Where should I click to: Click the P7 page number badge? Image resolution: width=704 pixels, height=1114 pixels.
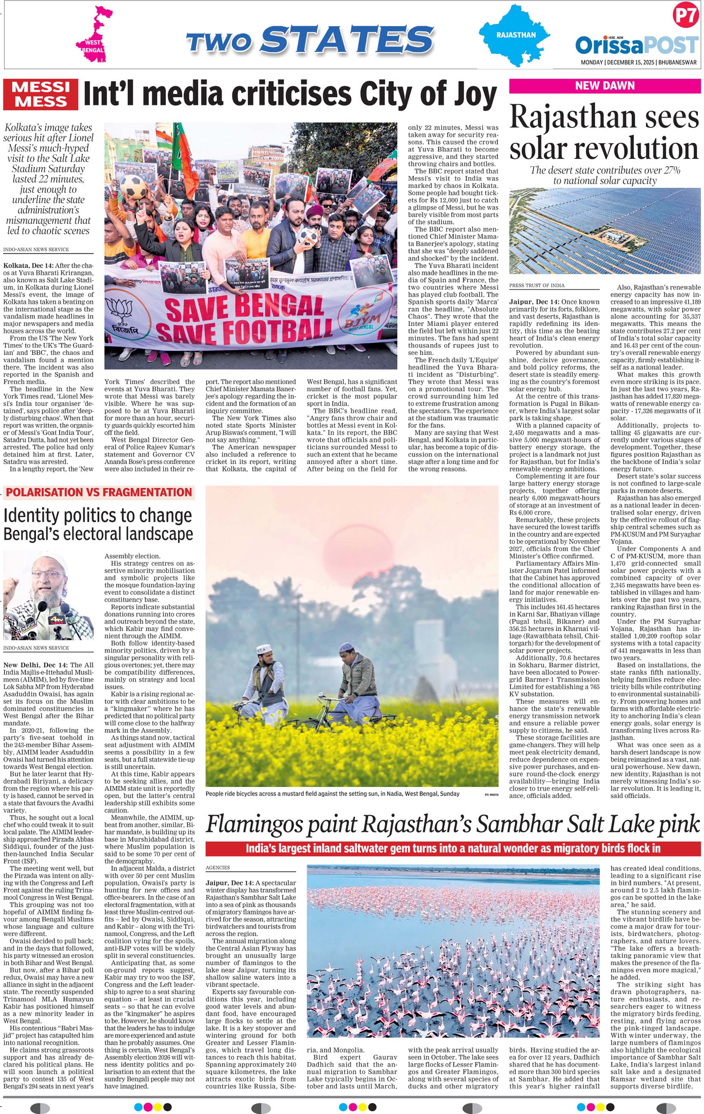tap(684, 16)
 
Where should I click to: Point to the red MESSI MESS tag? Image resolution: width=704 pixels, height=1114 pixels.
tap(41, 95)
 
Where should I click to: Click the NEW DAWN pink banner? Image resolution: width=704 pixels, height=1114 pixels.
tap(604, 86)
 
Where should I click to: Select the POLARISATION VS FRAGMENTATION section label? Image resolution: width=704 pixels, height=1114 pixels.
tap(99, 492)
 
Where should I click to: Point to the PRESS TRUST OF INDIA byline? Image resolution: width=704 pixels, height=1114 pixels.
tap(537, 286)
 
